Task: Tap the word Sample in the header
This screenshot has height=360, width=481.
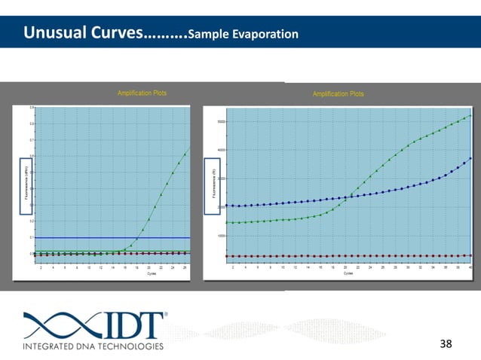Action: pyautogui.click(x=207, y=35)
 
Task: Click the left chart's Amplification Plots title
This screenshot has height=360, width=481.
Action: pyautogui.click(x=141, y=93)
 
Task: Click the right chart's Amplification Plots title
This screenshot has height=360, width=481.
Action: pyautogui.click(x=338, y=94)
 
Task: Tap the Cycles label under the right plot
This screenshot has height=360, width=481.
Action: pyautogui.click(x=348, y=273)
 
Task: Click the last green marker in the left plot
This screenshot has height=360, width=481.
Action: pyautogui.click(x=186, y=150)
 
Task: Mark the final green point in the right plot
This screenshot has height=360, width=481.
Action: pyautogui.click(x=470, y=115)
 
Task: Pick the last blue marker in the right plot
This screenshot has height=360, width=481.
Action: pyautogui.click(x=470, y=158)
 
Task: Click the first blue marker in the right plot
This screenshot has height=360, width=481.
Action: pyautogui.click(x=228, y=206)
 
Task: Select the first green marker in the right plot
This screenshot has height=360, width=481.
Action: pyautogui.click(x=228, y=222)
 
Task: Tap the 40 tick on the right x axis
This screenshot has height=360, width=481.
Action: pyautogui.click(x=470, y=267)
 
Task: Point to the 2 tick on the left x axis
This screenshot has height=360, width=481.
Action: pyautogui.click(x=41, y=267)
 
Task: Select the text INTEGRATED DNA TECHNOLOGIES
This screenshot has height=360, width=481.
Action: pyautogui.click(x=93, y=346)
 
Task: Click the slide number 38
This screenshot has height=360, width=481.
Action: pyautogui.click(x=446, y=344)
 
